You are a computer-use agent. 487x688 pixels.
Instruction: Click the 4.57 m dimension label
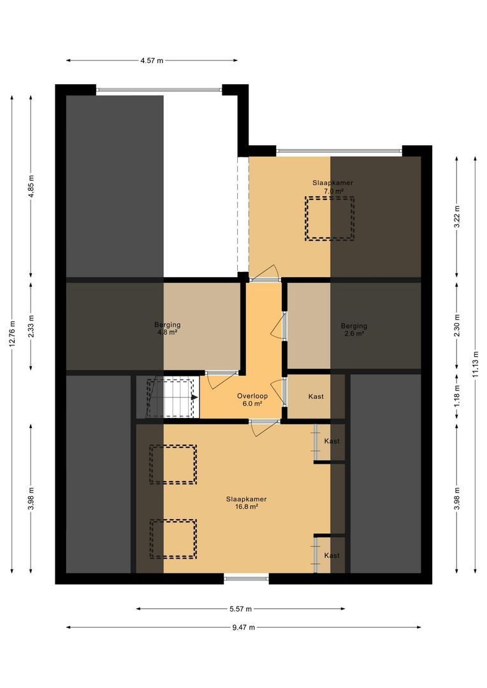(x=151, y=61)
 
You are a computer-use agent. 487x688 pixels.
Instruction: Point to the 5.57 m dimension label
(x=240, y=608)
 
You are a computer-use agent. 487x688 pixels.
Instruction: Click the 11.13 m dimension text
(x=476, y=364)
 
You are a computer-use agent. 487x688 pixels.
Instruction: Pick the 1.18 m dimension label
(x=456, y=396)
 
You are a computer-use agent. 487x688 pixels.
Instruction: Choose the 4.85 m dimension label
(x=31, y=186)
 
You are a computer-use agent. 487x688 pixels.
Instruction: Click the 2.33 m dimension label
(x=31, y=326)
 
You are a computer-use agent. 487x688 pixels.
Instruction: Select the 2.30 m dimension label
(x=456, y=325)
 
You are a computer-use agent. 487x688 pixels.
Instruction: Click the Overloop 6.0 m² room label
(x=252, y=399)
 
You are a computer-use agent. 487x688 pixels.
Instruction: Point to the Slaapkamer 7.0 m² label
(x=332, y=187)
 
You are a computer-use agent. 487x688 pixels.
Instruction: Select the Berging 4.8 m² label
(x=167, y=328)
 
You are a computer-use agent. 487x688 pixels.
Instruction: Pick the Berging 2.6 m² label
(x=354, y=329)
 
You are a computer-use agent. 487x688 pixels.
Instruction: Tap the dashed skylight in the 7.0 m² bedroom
(x=329, y=219)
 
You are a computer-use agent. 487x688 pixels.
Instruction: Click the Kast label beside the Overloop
(x=316, y=396)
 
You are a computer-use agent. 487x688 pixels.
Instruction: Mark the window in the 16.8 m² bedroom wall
(x=246, y=578)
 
